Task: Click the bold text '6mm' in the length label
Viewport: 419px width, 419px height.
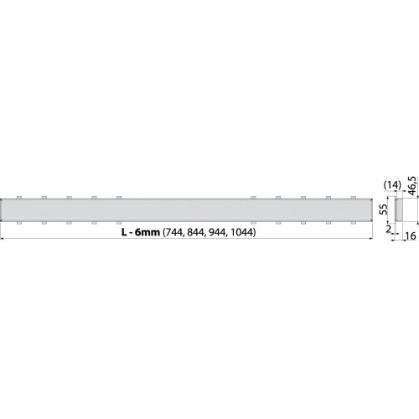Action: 147,232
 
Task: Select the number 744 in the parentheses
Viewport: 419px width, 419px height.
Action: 173,232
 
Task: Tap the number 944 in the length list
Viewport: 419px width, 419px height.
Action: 218,232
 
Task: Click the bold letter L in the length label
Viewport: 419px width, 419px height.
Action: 124,232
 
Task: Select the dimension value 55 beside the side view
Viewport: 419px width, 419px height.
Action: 384,209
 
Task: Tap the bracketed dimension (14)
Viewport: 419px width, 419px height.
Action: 392,184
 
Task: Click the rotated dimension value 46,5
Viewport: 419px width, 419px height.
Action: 412,186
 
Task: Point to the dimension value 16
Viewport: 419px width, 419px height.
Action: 410,235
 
